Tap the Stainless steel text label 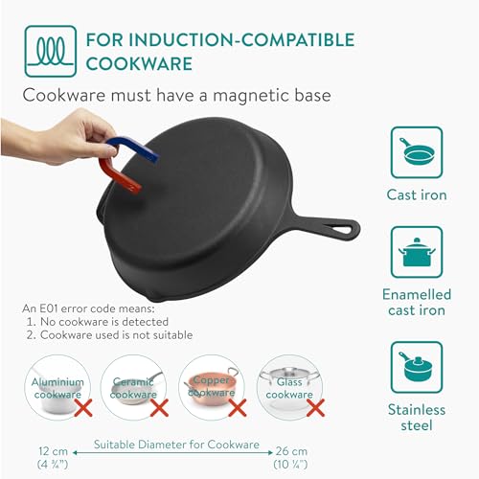(x=418, y=418)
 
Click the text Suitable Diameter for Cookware (x=176, y=444)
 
